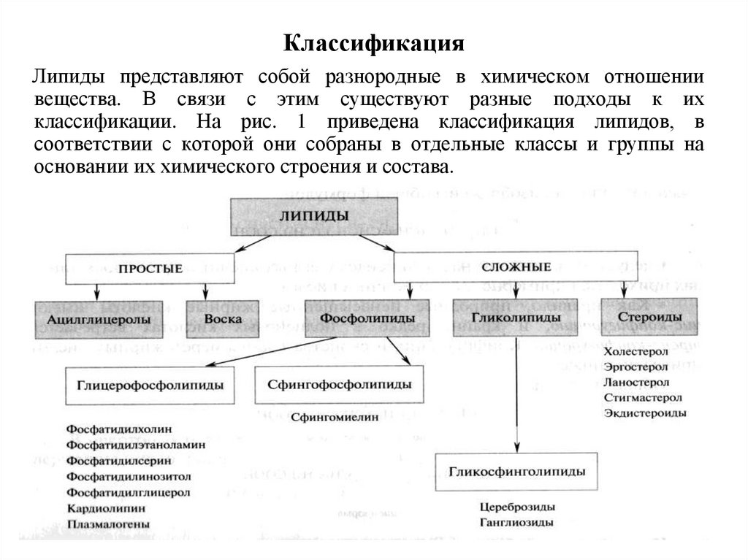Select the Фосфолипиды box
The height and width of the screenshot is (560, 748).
357,319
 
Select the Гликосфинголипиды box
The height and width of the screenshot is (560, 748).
517,472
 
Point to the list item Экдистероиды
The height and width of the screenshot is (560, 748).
645,413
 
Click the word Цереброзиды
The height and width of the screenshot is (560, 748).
517,507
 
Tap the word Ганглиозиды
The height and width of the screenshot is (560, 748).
516,522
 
